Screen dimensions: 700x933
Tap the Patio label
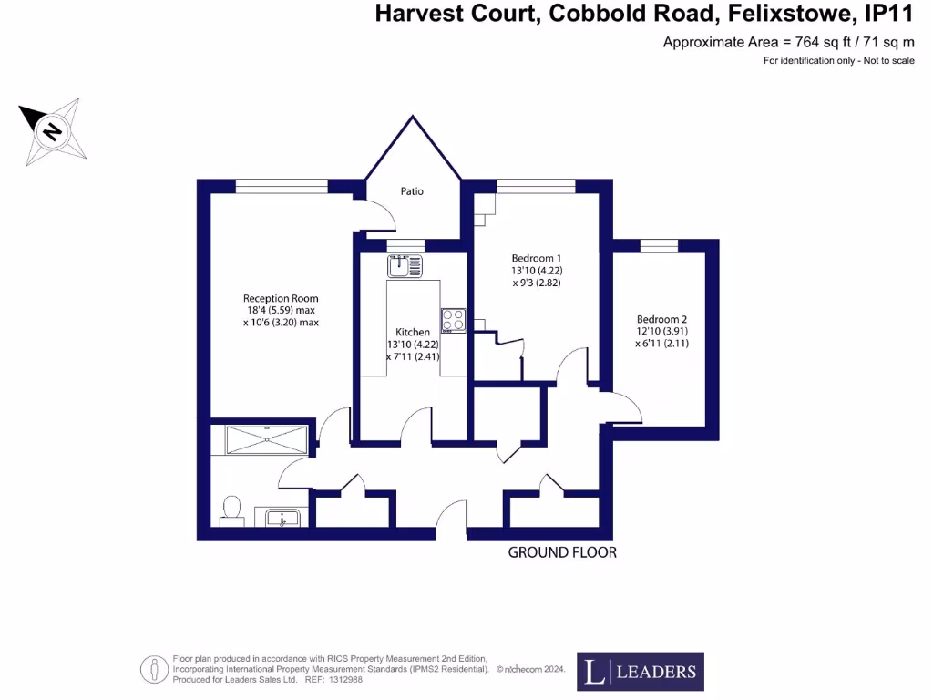coord(412,191)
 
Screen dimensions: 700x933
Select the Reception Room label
coord(281,298)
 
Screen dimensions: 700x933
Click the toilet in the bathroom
coord(231,511)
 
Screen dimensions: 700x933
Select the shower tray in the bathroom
coord(261,438)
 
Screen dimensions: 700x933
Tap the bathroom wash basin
coord(282,518)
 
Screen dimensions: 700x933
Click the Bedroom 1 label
coord(536,258)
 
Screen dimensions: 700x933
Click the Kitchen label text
coord(413,332)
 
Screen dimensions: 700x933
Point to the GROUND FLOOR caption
coord(562,552)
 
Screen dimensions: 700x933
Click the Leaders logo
coord(640,672)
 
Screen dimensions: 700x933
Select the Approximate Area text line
coord(788,42)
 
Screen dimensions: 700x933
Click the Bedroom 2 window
coord(658,244)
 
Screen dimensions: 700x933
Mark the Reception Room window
coord(281,186)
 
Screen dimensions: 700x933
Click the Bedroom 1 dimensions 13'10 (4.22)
coord(538,271)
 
